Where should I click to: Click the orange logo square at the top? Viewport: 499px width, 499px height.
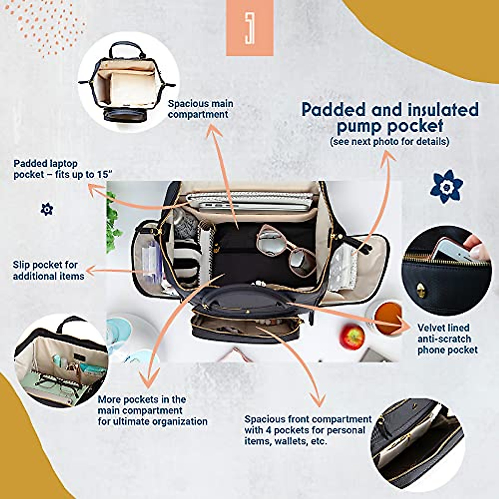pos(249,28)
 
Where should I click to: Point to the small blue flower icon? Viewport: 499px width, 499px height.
pos(47,209)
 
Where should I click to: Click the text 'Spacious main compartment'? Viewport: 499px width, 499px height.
pos(200,109)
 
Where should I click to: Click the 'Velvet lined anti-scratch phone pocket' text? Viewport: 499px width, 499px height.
pos(447,339)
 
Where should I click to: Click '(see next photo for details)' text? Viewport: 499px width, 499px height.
pos(390,141)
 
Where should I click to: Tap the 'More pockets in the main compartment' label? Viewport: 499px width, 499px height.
pos(152,410)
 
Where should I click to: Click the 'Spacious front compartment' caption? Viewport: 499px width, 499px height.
pos(308,430)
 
